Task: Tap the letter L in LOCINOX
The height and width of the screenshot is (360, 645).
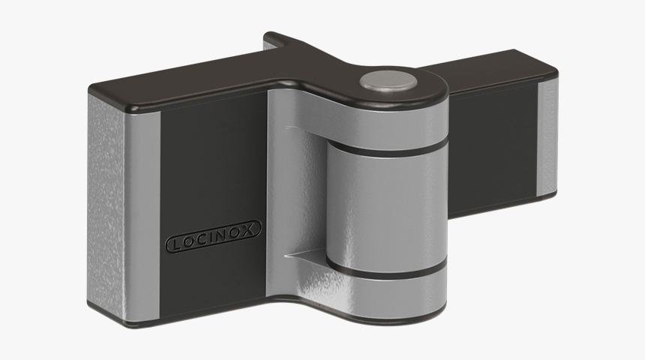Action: click(x=174, y=245)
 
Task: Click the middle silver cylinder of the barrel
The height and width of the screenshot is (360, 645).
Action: click(x=382, y=210)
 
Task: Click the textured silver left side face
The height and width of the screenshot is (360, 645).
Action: click(x=105, y=202)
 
